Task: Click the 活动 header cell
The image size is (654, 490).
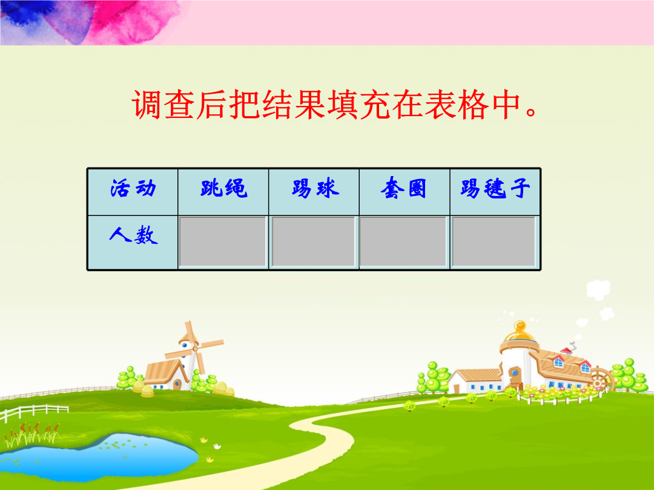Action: click(133, 192)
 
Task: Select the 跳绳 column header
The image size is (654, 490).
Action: click(223, 192)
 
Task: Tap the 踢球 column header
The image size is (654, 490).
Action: click(314, 192)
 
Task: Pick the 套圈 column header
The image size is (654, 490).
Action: click(404, 192)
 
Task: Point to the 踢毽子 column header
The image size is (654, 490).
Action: click(495, 192)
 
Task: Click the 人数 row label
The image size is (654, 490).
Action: click(133, 243)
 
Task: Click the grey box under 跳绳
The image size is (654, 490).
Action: click(223, 241)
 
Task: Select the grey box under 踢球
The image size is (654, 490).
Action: click(314, 241)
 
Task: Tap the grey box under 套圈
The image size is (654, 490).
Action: click(403, 241)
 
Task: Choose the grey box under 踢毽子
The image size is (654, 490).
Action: click(494, 241)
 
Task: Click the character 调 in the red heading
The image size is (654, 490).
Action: click(147, 104)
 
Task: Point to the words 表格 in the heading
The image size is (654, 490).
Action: click(457, 104)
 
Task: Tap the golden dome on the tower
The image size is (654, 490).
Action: click(520, 332)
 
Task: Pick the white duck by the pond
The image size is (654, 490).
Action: click(217, 446)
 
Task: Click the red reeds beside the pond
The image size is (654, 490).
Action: click(31, 433)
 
